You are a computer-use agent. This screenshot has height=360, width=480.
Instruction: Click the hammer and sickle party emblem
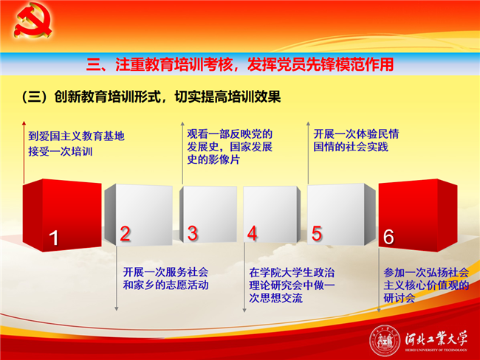(x=32, y=20)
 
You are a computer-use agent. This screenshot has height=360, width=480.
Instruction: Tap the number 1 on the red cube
(x=54, y=238)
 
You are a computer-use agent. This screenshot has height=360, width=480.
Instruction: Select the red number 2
(x=126, y=234)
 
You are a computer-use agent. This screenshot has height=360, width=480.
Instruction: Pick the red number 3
(x=193, y=233)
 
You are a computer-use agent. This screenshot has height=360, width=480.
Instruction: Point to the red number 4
(x=253, y=234)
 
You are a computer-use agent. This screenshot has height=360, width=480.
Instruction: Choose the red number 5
(x=317, y=234)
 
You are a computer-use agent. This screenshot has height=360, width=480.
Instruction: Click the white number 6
(x=388, y=237)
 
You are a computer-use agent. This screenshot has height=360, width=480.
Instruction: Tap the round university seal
(x=385, y=341)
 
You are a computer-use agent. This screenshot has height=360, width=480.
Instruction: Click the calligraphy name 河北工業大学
(x=436, y=339)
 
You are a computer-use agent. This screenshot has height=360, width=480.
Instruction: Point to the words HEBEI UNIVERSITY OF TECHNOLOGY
(x=436, y=350)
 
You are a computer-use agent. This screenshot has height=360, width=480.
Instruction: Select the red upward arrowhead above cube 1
(x=24, y=123)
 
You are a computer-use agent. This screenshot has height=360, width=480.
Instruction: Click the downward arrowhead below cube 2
(x=117, y=308)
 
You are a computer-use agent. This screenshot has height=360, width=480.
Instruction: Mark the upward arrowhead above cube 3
(x=182, y=124)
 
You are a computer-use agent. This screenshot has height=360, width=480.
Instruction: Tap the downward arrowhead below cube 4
(x=244, y=310)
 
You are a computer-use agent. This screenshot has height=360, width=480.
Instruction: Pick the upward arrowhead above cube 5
(x=308, y=124)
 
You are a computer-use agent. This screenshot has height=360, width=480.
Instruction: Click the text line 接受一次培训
(x=61, y=151)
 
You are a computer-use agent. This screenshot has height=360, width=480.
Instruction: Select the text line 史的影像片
(x=213, y=159)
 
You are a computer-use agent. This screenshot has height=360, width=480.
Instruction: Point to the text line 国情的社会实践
(x=351, y=147)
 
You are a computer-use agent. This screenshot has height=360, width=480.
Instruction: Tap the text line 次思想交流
(x=276, y=297)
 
